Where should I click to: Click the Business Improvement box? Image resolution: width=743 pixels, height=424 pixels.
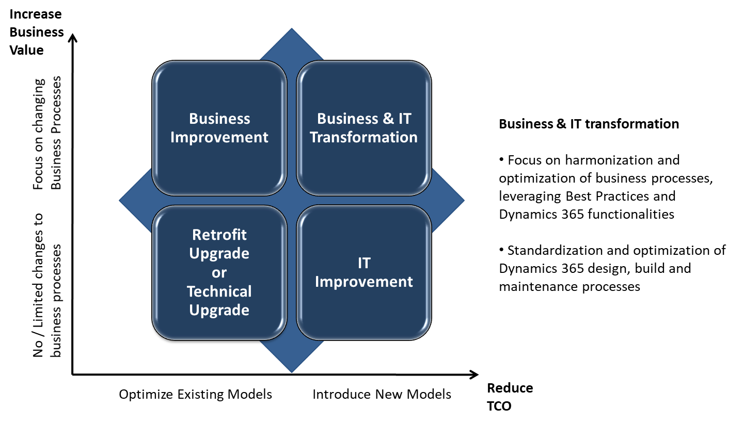(219, 128)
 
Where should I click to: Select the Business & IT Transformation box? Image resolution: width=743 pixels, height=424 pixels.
(364, 128)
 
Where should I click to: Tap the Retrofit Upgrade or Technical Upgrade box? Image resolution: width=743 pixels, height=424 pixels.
(219, 272)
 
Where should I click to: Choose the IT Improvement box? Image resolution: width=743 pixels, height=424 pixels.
(364, 272)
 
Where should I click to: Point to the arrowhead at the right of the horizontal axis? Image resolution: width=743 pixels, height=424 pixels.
(475, 374)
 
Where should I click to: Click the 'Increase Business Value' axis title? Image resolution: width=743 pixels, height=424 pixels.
(37, 32)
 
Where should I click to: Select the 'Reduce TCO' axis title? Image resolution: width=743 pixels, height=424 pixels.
(510, 397)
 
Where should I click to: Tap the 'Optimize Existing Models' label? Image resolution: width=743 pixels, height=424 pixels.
(195, 394)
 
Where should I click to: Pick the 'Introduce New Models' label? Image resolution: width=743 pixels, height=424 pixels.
(382, 394)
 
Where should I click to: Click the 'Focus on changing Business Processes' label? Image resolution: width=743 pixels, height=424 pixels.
(47, 133)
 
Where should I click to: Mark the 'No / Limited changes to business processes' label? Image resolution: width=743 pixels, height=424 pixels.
(47, 285)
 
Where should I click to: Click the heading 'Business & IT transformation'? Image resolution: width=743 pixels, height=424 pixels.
(589, 124)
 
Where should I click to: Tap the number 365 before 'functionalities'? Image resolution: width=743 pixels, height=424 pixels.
(572, 214)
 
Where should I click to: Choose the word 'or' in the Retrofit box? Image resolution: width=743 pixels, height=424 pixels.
(219, 273)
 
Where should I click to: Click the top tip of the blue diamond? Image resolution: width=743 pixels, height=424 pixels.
(292, 28)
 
